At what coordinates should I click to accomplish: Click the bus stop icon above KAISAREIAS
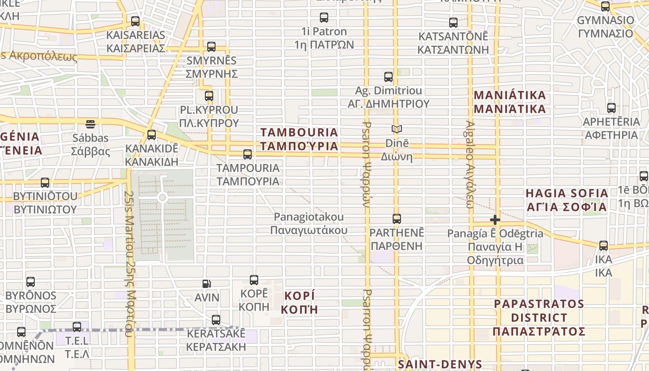pos(135,21)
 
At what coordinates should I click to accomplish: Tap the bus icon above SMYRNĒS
pos(211,47)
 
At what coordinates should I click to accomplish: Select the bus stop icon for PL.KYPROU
pos(209,96)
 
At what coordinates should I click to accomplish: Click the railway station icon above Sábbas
pos(90,124)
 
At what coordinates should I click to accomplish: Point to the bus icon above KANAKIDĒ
pos(152,135)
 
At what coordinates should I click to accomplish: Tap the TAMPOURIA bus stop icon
pos(248,154)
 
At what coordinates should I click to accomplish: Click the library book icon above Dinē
pos(396,129)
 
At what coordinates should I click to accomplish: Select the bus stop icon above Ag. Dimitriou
pos(388,77)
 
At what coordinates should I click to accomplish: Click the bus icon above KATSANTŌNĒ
pos(453,22)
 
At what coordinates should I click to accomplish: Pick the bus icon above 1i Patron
pos(324,18)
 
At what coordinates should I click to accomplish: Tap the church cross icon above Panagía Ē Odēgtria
pos(495,219)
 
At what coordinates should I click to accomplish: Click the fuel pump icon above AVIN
pos(207,284)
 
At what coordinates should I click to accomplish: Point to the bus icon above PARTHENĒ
pos(397,219)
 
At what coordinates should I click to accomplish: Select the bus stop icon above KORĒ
pos(254,280)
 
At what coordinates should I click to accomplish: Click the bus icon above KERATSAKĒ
pos(216,320)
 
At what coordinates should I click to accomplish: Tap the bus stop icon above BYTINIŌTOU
pos(45,183)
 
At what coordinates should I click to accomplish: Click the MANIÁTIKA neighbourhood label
pos(509,102)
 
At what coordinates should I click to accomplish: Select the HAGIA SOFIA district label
pos(566,200)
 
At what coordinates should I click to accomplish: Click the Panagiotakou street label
pos(309,223)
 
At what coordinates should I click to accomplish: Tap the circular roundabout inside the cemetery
pos(162,198)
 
